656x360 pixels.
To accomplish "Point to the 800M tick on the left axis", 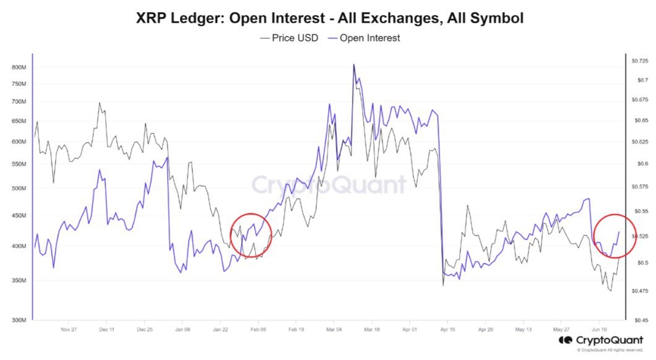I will point(19,67).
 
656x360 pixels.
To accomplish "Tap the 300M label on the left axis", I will point(19,320).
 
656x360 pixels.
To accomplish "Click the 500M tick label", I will point(19,188).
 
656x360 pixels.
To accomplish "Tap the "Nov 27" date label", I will point(68,330).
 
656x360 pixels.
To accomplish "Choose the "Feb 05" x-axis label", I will point(259,330).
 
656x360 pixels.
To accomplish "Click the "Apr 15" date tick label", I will point(448,330).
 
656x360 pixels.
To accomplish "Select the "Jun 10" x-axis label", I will point(600,330).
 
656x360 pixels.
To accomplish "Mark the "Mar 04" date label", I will point(335,330).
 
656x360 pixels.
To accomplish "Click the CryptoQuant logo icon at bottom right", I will point(564,340).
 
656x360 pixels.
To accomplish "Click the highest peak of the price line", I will point(353,64).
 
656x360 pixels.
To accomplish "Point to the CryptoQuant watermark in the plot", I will point(328,184).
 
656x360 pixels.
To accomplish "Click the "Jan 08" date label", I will point(183,330).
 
